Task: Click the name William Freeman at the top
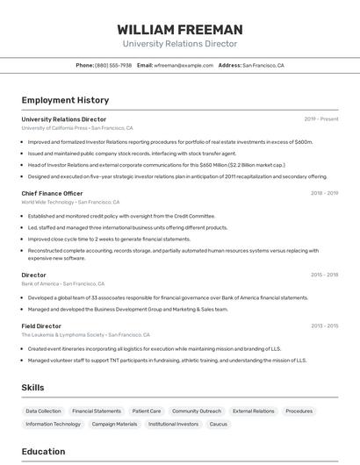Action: pos(180,29)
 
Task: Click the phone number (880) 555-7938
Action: pos(113,65)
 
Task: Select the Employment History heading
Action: pos(65,100)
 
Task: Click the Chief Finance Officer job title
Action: pos(52,193)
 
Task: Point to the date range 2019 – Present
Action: pos(321,119)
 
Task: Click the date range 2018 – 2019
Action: pos(324,193)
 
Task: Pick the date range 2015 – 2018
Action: pos(324,275)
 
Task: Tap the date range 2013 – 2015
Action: pos(324,326)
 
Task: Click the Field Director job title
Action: pos(41,326)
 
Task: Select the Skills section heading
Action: pos(32,388)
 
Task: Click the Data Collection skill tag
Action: pos(43,411)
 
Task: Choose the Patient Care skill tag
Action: pos(147,411)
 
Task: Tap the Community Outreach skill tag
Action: pos(197,411)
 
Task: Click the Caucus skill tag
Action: pos(219,424)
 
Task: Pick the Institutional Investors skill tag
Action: pos(174,424)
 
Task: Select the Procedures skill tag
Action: pos(299,411)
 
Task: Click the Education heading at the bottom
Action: pos(43,452)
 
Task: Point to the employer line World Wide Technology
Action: pos(47,202)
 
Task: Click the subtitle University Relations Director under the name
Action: pos(180,44)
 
